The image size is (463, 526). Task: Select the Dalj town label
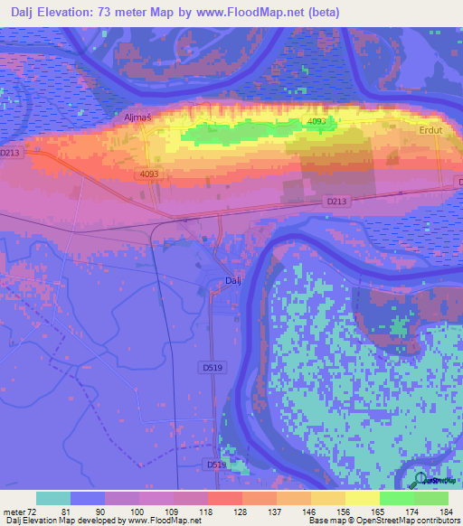pyautogui.click(x=232, y=281)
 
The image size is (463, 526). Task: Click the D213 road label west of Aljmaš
pyautogui.click(x=10, y=153)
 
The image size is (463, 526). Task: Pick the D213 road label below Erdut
pyautogui.click(x=337, y=201)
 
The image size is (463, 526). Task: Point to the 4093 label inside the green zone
pyautogui.click(x=316, y=120)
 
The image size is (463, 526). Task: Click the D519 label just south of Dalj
pyautogui.click(x=213, y=368)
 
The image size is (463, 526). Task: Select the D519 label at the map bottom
pyautogui.click(x=213, y=465)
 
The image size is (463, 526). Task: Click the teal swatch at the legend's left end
pyautogui.click(x=52, y=498)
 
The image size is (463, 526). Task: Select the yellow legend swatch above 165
pyautogui.click(x=362, y=498)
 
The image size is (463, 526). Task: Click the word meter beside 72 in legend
pyautogui.click(x=15, y=512)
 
